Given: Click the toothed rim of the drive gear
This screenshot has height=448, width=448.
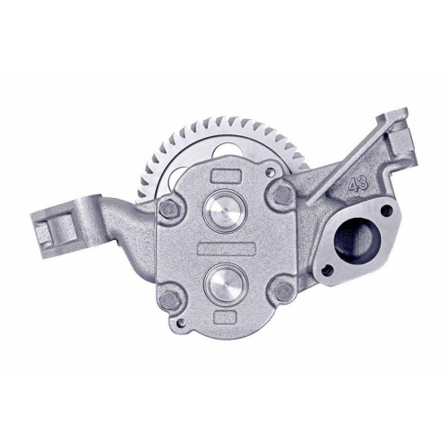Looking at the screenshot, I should [x=179, y=134].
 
